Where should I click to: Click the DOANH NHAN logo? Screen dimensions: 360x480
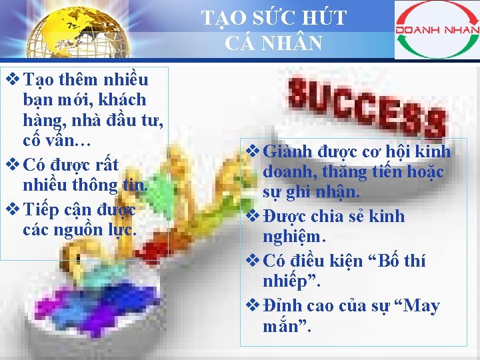pyautogui.click(x=437, y=30)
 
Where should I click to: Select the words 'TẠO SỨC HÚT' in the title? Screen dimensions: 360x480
pyautogui.click(x=274, y=18)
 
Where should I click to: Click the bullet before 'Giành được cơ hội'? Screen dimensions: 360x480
pyautogui.click(x=254, y=151)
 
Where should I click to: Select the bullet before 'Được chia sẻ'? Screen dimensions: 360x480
pyautogui.click(x=254, y=216)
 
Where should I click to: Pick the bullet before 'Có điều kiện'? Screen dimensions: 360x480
pyautogui.click(x=254, y=260)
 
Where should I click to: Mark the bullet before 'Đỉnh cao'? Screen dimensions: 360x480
pyautogui.click(x=254, y=305)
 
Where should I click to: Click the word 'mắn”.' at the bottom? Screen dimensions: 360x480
pyautogui.click(x=287, y=328)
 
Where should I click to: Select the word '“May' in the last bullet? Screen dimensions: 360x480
pyautogui.click(x=417, y=306)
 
